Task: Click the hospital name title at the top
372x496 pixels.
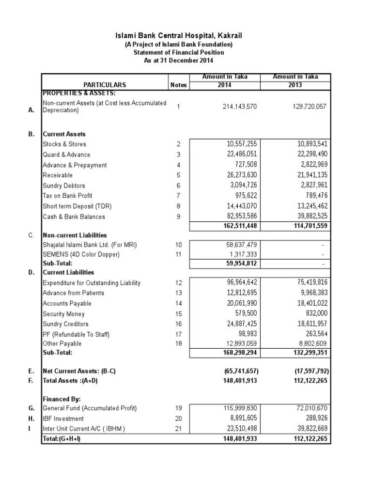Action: tap(179, 36)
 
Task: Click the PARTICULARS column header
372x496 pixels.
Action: tap(105, 85)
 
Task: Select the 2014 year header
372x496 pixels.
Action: tap(224, 85)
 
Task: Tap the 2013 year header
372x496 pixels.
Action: tap(295, 85)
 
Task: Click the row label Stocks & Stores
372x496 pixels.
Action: tap(64, 144)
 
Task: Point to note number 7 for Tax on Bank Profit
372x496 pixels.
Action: tap(178, 196)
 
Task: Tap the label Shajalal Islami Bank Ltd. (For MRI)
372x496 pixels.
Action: tap(90, 245)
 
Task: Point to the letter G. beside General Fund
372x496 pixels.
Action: tap(31, 408)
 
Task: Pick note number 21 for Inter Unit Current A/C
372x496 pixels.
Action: tap(178, 429)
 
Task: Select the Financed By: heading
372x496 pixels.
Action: tap(62, 399)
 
